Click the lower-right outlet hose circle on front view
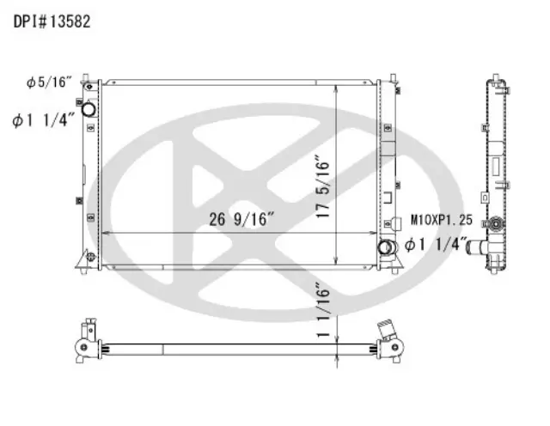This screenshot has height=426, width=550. [x=386, y=248]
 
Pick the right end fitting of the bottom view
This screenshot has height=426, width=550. [x=391, y=338]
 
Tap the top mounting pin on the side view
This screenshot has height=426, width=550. [x=496, y=77]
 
